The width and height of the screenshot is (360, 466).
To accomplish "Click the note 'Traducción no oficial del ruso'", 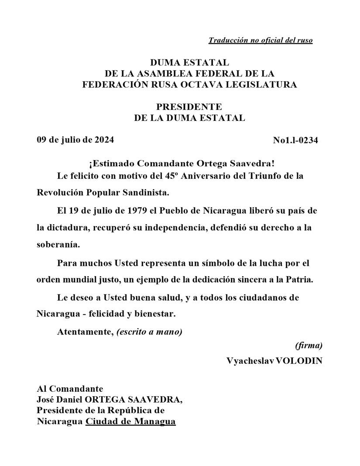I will tap(260, 41).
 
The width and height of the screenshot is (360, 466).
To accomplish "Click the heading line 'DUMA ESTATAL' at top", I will tap(189, 64).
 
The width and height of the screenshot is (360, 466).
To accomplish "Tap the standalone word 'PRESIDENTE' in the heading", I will tap(189, 107).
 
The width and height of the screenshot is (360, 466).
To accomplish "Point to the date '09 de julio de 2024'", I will tap(75, 140).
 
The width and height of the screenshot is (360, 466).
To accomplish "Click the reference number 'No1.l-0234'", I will tap(295, 140).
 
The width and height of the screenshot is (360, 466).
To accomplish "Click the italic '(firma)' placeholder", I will tap(309, 346).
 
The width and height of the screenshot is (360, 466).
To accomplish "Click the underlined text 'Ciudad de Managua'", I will tap(130, 422).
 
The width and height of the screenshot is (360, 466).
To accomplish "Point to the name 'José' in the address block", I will tap(45, 400).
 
